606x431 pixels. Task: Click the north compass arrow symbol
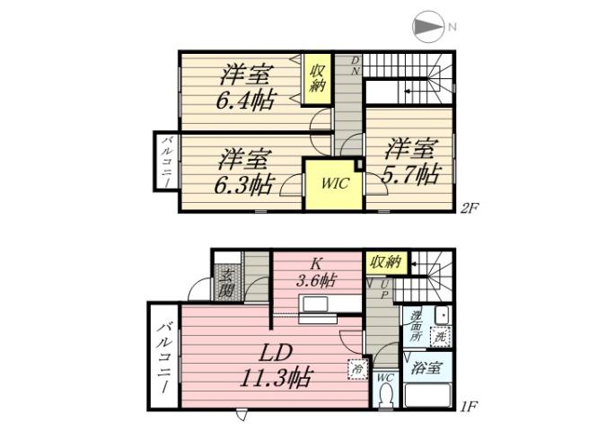(428, 27)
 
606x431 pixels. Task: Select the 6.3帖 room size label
(243, 184)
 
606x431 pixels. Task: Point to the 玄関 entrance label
(227, 283)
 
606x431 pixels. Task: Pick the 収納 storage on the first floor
(384, 261)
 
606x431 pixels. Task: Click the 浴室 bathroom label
(426, 367)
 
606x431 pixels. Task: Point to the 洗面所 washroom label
(417, 328)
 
